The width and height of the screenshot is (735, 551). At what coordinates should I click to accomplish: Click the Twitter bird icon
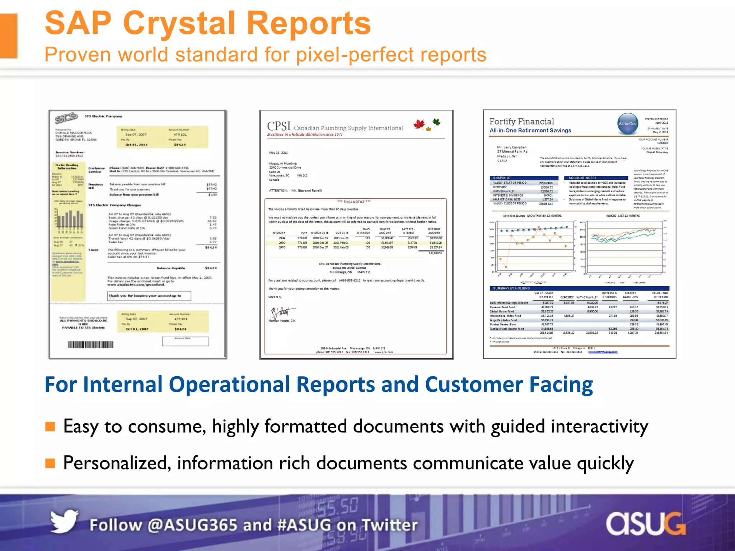point(64,522)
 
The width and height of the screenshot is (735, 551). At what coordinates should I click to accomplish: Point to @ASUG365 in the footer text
point(192,525)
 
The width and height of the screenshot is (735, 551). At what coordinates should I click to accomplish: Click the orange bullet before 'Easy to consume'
point(50,426)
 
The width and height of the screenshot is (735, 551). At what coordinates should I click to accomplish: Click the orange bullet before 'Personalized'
point(50,463)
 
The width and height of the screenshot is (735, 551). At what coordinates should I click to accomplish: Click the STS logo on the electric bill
point(66,118)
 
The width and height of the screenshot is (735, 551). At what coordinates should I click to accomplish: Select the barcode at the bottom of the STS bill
point(90,345)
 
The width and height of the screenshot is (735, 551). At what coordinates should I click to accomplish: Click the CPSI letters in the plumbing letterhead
point(278,126)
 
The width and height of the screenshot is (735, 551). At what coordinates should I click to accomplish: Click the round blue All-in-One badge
point(627,123)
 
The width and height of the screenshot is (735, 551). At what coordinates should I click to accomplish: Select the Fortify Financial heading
point(521,122)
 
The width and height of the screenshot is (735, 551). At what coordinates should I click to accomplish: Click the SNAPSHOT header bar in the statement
point(524,178)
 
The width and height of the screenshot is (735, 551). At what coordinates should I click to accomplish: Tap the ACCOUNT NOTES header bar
point(596,178)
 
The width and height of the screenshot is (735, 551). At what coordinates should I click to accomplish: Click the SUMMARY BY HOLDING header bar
point(579,288)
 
